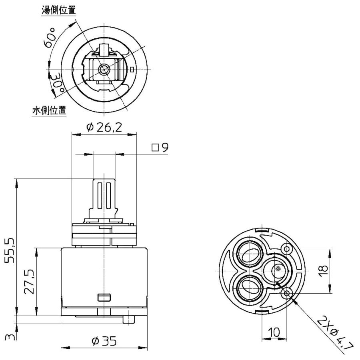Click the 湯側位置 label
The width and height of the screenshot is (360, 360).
pyautogui.click(x=58, y=10)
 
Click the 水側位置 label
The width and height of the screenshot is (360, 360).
pyautogui.click(x=49, y=111)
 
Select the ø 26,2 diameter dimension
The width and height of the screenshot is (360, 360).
pyautogui.click(x=104, y=128)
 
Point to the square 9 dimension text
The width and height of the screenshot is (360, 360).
pyautogui.click(x=160, y=148)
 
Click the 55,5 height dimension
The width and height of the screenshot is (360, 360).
pyautogui.click(x=10, y=250)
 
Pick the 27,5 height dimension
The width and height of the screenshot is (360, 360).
pyautogui.click(x=29, y=281)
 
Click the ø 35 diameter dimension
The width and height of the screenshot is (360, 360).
pyautogui.click(x=104, y=341)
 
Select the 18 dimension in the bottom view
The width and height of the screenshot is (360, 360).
pyautogui.click(x=323, y=271)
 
